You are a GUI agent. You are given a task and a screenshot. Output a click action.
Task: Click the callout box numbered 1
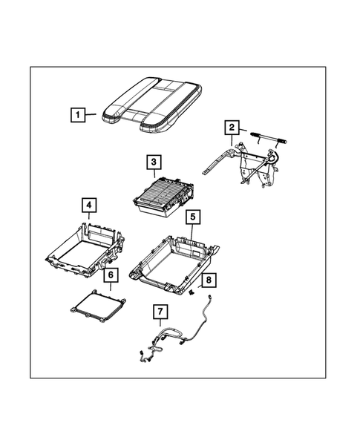click(x=76, y=115)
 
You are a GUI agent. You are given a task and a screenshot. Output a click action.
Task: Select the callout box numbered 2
click(x=232, y=128)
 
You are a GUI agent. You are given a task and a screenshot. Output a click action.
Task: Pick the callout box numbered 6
click(x=110, y=275)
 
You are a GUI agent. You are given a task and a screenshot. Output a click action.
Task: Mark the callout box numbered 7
click(x=160, y=312)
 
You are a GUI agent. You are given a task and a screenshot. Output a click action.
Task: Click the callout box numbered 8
click(x=208, y=279)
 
